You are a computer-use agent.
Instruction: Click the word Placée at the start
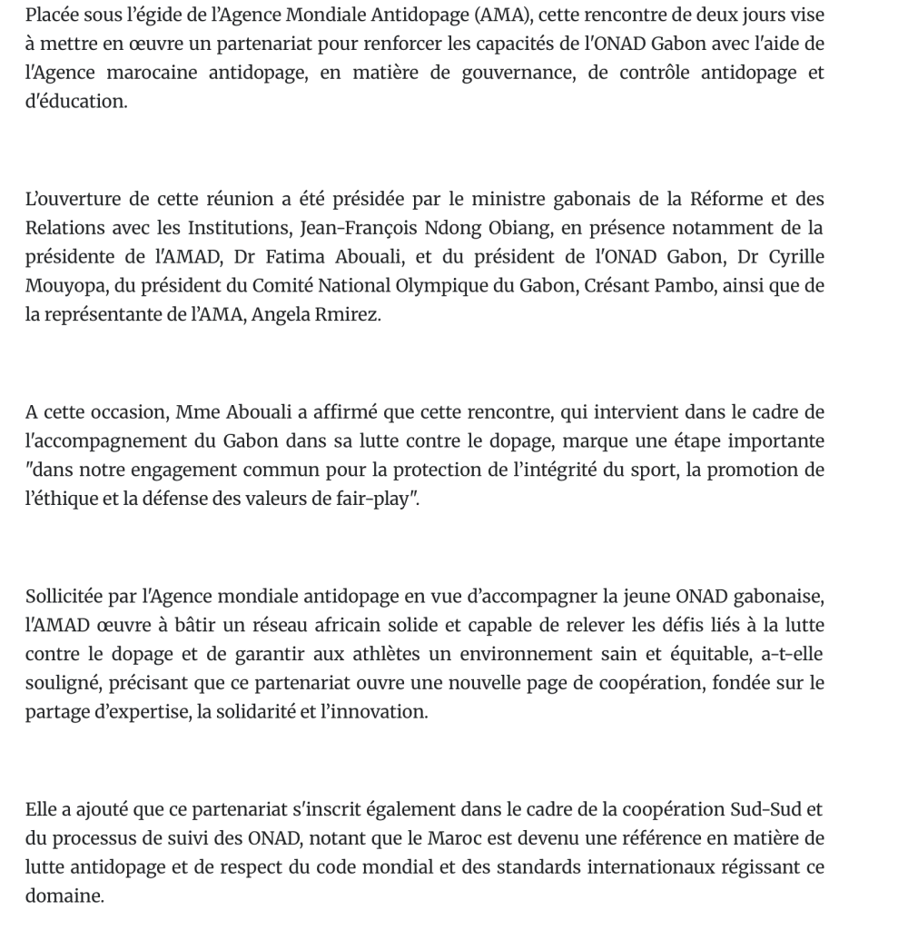tap(53, 16)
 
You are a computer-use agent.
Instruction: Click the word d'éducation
tap(75, 101)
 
